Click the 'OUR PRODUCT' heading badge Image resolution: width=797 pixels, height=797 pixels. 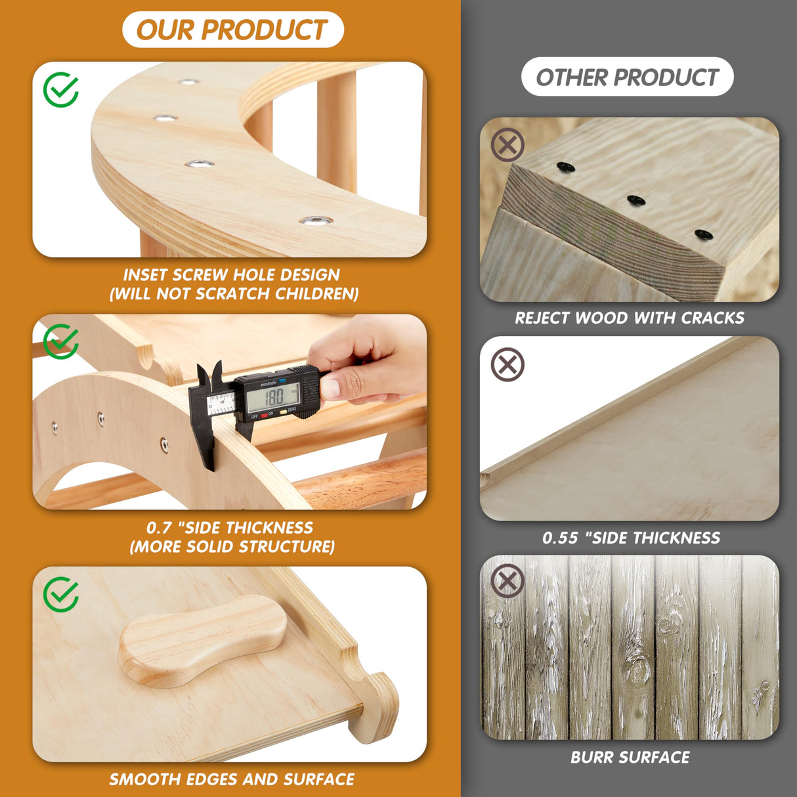click(x=233, y=30)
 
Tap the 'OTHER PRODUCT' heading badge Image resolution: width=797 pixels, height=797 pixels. click(x=627, y=77)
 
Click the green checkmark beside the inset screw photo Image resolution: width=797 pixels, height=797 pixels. click(x=61, y=90)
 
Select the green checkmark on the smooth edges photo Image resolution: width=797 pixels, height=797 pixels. click(x=61, y=594)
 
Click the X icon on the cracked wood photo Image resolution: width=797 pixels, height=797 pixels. click(x=507, y=144)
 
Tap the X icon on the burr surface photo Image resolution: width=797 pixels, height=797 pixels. click(x=507, y=580)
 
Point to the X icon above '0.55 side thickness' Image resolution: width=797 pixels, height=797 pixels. click(x=507, y=365)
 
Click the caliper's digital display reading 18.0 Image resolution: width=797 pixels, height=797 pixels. click(x=274, y=397)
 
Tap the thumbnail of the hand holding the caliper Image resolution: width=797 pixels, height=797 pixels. click(x=230, y=412)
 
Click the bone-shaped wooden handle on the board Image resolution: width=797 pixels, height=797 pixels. click(x=203, y=641)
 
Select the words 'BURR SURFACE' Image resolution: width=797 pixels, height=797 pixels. click(x=630, y=758)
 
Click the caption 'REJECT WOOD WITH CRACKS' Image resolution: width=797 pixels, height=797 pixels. click(x=629, y=318)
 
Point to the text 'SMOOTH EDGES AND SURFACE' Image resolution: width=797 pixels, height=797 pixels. click(x=232, y=779)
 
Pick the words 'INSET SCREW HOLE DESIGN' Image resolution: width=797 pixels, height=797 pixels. click(x=231, y=274)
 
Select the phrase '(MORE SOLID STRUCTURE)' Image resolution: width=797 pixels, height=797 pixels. click(x=232, y=547)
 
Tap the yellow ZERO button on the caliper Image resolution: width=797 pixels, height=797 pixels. click(x=284, y=412)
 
